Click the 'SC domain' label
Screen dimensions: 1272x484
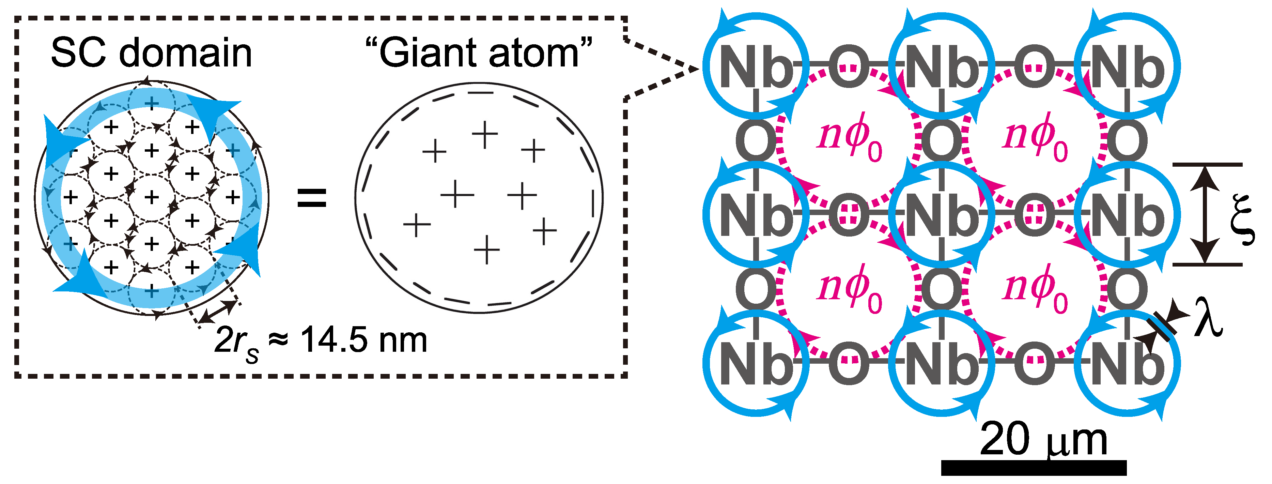pyautogui.click(x=151, y=53)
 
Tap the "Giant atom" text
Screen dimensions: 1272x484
pyautogui.click(x=479, y=53)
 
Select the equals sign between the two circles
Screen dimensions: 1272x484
pyautogui.click(x=312, y=198)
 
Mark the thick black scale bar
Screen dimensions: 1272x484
pyautogui.click(x=1034, y=468)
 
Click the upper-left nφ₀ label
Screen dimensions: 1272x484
pyautogui.click(x=849, y=136)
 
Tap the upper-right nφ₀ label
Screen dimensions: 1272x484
pyautogui.click(x=1036, y=136)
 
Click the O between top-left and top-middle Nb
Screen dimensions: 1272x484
pyautogui.click(x=849, y=67)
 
